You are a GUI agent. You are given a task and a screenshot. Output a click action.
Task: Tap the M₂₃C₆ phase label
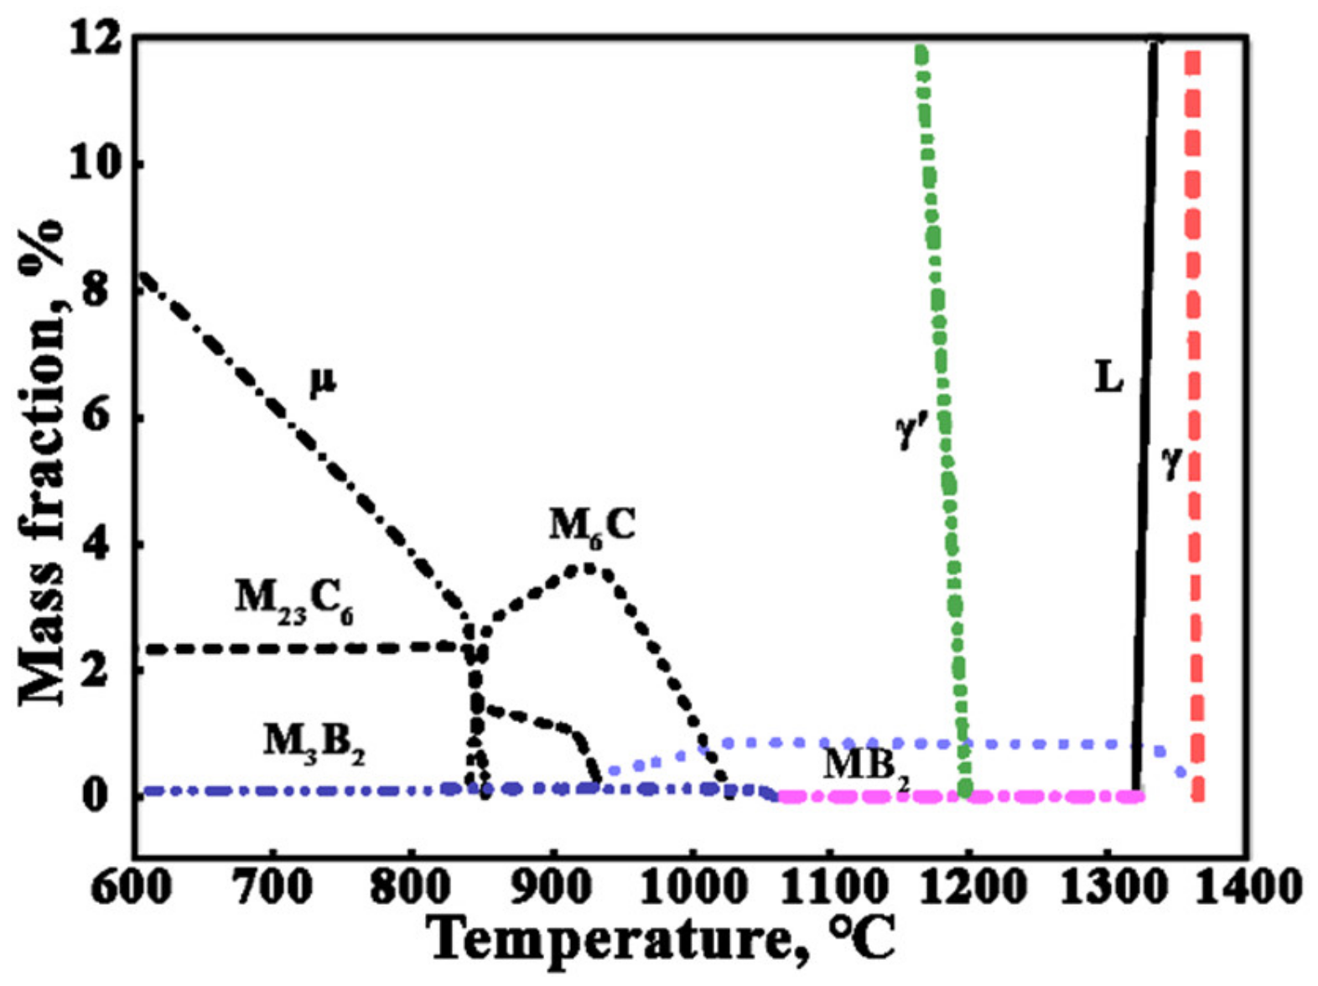point(293,600)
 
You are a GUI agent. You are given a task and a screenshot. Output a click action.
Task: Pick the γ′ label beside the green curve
point(910,432)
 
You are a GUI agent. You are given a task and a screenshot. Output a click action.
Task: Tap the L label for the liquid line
point(1108,377)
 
